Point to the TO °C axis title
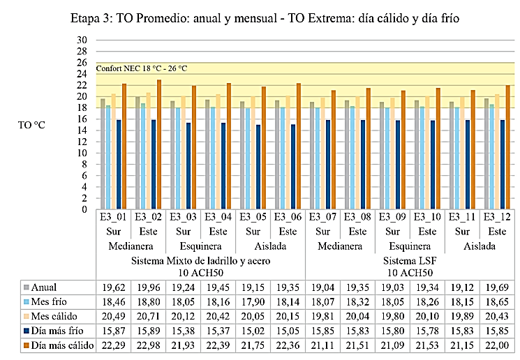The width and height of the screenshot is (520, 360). pyautogui.click(x=33, y=126)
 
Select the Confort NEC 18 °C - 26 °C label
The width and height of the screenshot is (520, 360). pyautogui.click(x=142, y=68)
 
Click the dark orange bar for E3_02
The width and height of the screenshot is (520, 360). pyautogui.click(x=159, y=144)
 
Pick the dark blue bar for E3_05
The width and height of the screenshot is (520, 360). pyautogui.click(x=259, y=167)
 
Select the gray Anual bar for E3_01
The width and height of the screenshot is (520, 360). pyautogui.click(x=103, y=154)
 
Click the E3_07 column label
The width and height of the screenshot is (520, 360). pyautogui.click(x=322, y=218)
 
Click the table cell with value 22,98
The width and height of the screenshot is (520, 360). pyautogui.click(x=148, y=345)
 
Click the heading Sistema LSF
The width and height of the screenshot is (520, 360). pyautogui.click(x=410, y=260)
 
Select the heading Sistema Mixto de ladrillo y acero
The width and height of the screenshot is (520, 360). pyautogui.click(x=200, y=260)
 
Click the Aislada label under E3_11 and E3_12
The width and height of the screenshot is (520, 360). pyautogui.click(x=480, y=246)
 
